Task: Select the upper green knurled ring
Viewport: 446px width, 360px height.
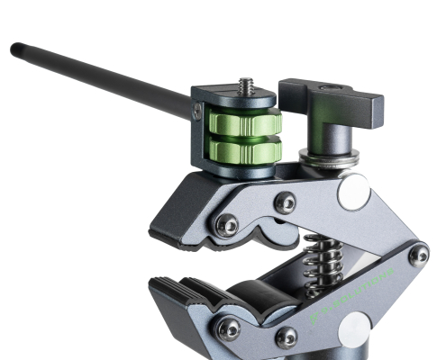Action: click(245, 122)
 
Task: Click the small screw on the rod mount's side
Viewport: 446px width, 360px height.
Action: click(197, 112)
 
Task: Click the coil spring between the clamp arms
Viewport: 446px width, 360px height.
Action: click(320, 261)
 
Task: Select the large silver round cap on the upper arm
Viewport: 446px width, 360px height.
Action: click(353, 192)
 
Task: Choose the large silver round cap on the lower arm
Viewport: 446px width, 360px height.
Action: click(354, 329)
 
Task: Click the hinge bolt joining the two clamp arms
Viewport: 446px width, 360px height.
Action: click(418, 256)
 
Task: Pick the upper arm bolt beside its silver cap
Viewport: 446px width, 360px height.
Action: click(285, 202)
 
